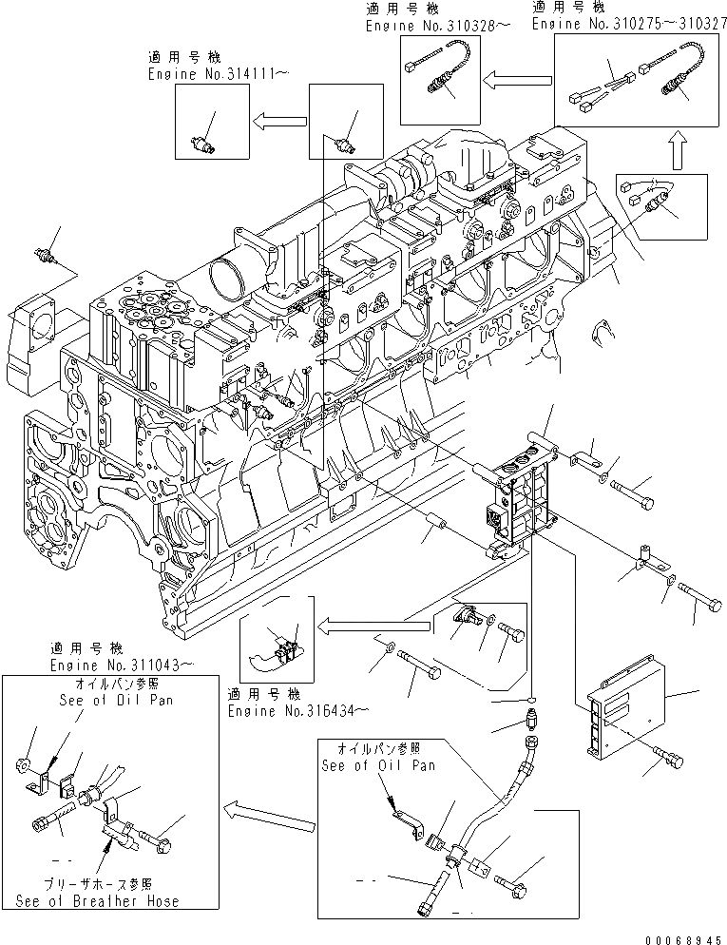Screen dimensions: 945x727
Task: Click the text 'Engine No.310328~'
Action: tap(430, 25)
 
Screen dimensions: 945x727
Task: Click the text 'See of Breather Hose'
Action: tap(98, 899)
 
